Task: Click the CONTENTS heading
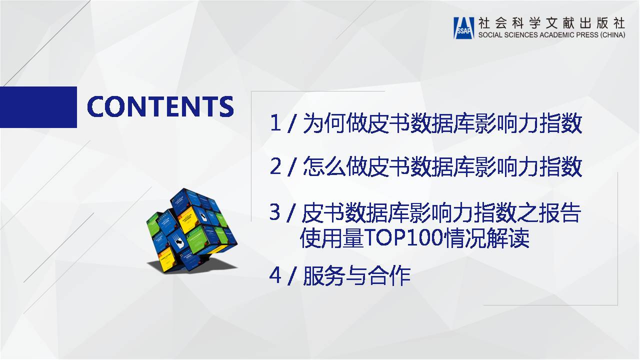click(160, 106)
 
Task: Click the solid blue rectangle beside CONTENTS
click(38, 107)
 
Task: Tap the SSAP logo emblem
click(463, 27)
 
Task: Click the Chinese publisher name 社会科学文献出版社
click(551, 23)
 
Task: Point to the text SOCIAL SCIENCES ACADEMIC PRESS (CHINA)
click(551, 35)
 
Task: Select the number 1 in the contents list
click(275, 123)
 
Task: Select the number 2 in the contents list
click(275, 166)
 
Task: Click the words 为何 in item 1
click(324, 123)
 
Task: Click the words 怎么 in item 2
click(324, 166)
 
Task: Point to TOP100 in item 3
click(403, 237)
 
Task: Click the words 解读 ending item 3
click(508, 237)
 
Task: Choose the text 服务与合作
click(357, 275)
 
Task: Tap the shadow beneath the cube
click(200, 265)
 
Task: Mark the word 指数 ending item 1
click(560, 123)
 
